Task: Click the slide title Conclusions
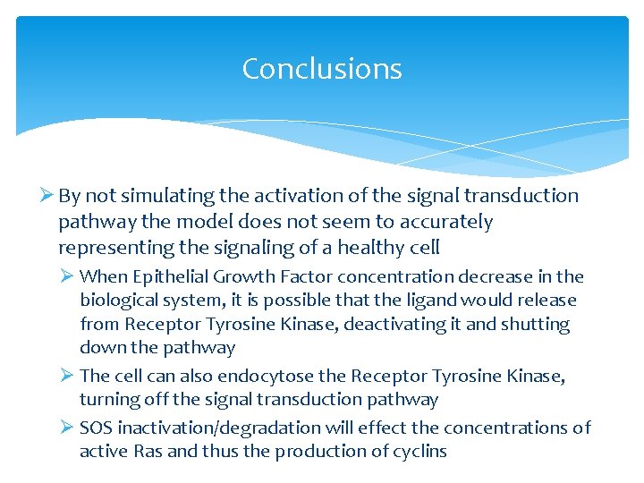pos(322,69)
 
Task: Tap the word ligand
pos(432,301)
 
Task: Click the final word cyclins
pos(417,451)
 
